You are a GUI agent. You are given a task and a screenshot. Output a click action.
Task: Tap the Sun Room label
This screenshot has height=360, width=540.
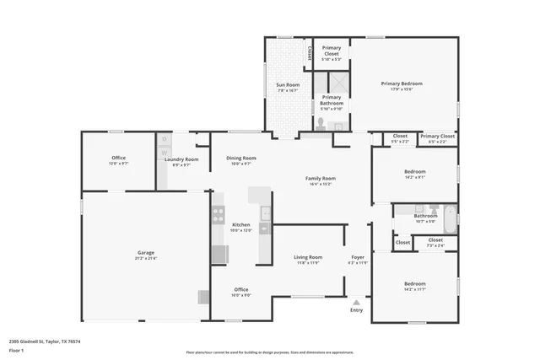288,85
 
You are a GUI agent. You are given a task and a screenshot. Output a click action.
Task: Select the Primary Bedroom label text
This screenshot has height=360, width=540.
401,83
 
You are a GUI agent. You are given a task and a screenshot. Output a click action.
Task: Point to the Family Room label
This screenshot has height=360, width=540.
321,178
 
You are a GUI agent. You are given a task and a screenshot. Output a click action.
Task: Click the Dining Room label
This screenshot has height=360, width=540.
240,158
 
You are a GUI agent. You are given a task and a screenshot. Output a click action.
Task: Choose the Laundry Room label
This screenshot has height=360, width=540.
181,159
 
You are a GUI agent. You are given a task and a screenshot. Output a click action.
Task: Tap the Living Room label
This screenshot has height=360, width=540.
308,256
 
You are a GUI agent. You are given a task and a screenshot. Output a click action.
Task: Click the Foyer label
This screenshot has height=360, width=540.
358,256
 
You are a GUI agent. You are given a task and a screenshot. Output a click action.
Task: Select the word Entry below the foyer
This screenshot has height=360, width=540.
356,309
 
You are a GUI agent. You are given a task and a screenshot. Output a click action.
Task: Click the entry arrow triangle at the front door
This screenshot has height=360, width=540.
356,301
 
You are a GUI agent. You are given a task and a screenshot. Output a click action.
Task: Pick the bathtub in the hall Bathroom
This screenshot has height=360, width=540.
450,218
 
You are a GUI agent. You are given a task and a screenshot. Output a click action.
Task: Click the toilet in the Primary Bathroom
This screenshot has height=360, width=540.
320,124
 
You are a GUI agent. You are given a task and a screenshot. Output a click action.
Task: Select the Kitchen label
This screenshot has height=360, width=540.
241,224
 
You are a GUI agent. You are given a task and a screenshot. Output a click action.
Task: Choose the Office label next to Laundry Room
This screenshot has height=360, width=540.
118,158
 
